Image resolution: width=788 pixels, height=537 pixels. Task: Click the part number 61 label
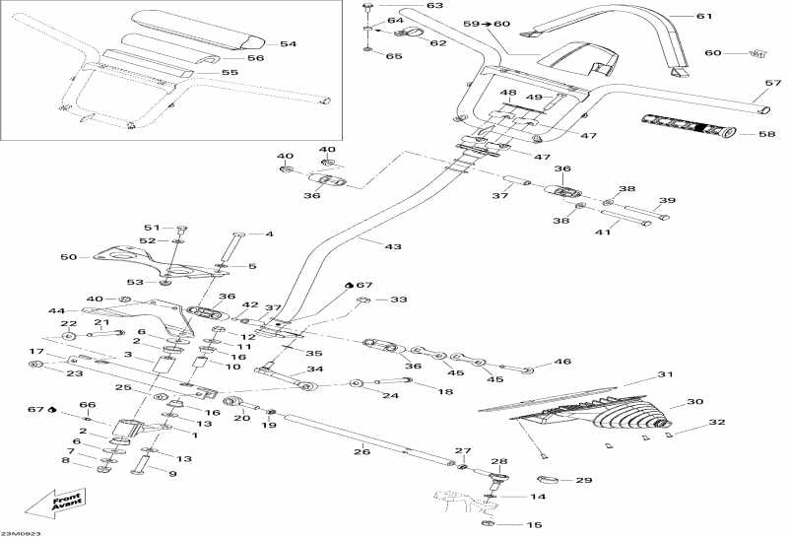(702, 16)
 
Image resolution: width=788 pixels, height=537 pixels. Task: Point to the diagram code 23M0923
(25, 532)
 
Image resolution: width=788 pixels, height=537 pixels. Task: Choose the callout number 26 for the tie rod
(362, 450)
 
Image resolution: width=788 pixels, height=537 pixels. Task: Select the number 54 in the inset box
(287, 43)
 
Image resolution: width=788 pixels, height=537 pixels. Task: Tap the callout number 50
(67, 257)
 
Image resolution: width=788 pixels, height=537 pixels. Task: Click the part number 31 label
(665, 374)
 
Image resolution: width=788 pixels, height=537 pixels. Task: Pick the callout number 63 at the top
(408, 6)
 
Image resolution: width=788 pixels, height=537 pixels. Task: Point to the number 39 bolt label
(667, 202)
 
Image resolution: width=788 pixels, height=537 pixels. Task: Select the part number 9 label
(172, 473)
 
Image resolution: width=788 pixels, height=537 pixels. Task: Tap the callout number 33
(397, 300)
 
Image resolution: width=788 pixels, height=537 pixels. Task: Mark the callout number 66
(88, 405)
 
